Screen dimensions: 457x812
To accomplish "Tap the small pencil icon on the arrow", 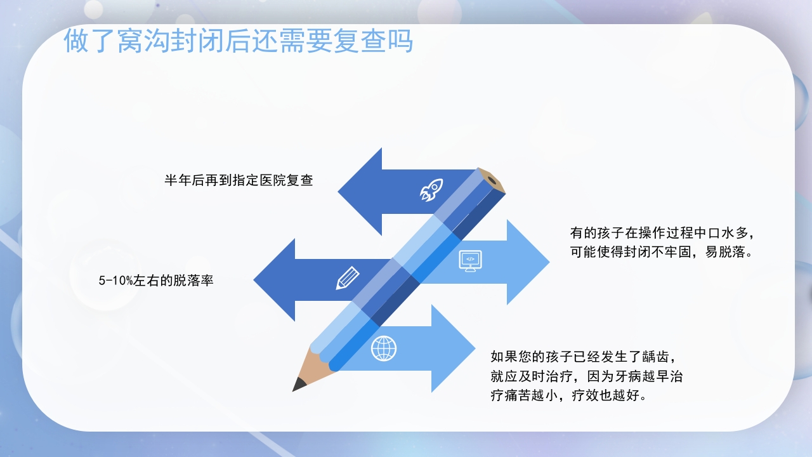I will [347, 278].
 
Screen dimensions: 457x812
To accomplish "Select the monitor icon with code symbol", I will [470, 260].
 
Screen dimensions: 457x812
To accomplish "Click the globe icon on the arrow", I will [384, 348].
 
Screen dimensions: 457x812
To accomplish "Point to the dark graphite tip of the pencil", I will [299, 385].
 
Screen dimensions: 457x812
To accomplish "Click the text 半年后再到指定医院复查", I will [239, 180].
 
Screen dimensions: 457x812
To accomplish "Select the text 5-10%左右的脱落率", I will [156, 281].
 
